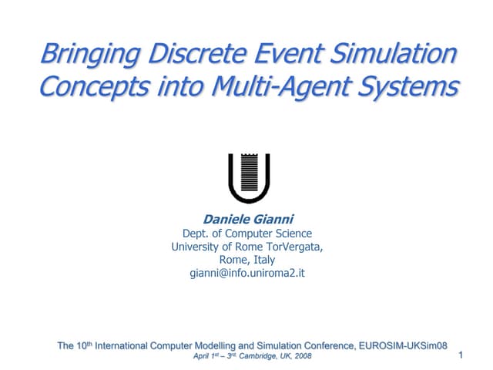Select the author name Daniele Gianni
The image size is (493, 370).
(247, 220)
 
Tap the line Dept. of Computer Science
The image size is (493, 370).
(247, 234)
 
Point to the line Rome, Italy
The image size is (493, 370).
(247, 260)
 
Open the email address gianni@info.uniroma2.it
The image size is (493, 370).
(247, 273)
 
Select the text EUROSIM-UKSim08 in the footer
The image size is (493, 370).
(405, 345)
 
